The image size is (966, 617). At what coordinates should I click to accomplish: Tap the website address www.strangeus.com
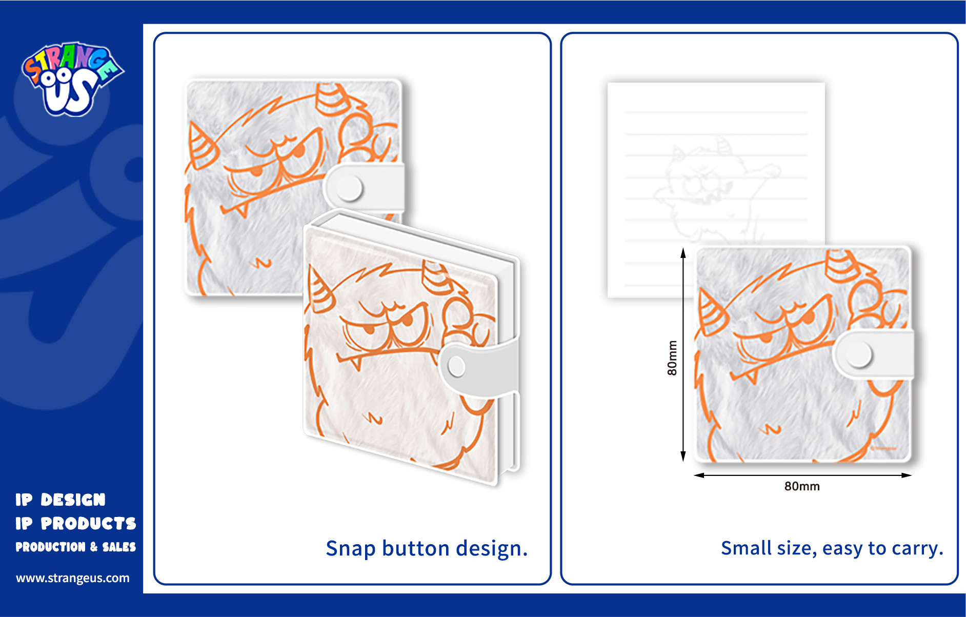73,578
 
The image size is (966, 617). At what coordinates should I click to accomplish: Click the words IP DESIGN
61,500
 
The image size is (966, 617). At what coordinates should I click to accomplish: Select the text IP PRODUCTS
76,523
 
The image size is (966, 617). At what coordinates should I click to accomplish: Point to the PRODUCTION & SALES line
76,547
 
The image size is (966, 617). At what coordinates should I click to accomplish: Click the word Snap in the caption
351,549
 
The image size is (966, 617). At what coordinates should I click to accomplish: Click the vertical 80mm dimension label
672,357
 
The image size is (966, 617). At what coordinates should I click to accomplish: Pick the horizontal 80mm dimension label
802,486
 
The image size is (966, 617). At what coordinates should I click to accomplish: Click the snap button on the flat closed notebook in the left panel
350,188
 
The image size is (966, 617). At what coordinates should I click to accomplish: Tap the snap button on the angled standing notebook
456,366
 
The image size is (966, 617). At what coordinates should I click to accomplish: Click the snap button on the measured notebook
859,355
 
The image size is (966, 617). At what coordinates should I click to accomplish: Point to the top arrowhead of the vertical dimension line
683,252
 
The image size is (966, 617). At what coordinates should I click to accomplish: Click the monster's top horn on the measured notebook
839,266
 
